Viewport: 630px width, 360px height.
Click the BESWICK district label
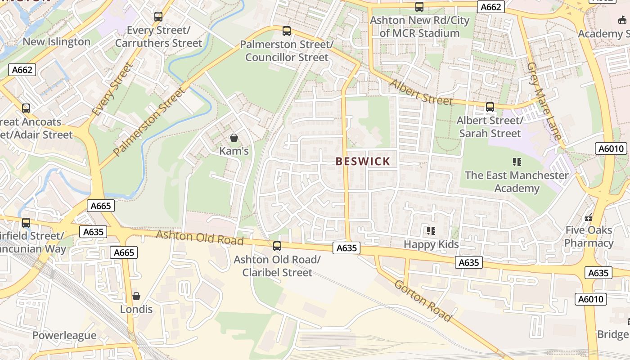pyautogui.click(x=363, y=162)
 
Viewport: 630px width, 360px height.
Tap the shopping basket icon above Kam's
pyautogui.click(x=234, y=137)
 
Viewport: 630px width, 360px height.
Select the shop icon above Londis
pyautogui.click(x=136, y=296)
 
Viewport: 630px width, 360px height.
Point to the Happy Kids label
pyautogui.click(x=431, y=244)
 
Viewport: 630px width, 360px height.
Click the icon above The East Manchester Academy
pyautogui.click(x=517, y=162)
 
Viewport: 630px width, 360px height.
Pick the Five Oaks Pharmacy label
pyautogui.click(x=589, y=237)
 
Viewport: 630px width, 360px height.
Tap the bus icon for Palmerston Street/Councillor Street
pyautogui.click(x=286, y=31)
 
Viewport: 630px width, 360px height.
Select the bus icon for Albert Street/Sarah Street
pyautogui.click(x=490, y=107)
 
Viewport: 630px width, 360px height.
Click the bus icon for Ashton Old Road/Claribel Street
pyautogui.click(x=277, y=246)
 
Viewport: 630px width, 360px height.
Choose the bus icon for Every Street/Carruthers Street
pyautogui.click(x=158, y=17)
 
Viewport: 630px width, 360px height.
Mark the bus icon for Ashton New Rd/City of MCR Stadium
pyautogui.click(x=419, y=7)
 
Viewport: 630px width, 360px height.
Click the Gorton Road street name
pyautogui.click(x=423, y=301)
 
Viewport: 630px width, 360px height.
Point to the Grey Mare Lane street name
pyautogui.click(x=544, y=101)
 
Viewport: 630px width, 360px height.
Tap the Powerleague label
pyautogui.click(x=64, y=335)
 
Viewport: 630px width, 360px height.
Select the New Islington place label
pyautogui.click(x=56, y=42)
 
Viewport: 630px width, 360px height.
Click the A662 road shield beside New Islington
pyautogui.click(x=22, y=70)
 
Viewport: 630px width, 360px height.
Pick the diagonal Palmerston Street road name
pyautogui.click(x=149, y=121)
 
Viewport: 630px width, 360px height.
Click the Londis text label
pyautogui.click(x=136, y=310)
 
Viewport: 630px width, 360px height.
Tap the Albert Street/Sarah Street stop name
pyautogui.click(x=490, y=127)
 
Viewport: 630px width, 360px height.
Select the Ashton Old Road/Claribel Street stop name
pyautogui.click(x=277, y=266)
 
